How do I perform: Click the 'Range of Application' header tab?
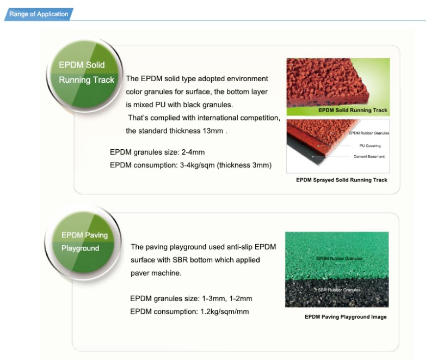click(x=39, y=14)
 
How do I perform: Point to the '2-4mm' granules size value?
click(x=193, y=152)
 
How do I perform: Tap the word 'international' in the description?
click(x=218, y=118)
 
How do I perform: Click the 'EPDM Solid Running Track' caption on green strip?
click(x=353, y=110)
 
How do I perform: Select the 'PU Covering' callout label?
click(x=370, y=146)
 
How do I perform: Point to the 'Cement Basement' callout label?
click(x=369, y=156)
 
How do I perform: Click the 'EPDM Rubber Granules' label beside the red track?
click(x=369, y=133)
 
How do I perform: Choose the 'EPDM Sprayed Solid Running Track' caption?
click(x=342, y=180)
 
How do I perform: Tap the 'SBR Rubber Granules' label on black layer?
click(x=339, y=290)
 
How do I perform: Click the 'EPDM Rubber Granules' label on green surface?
click(x=339, y=259)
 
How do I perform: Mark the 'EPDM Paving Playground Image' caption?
click(x=346, y=317)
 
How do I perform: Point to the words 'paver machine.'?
click(x=156, y=273)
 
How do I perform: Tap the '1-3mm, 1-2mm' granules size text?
click(x=227, y=298)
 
